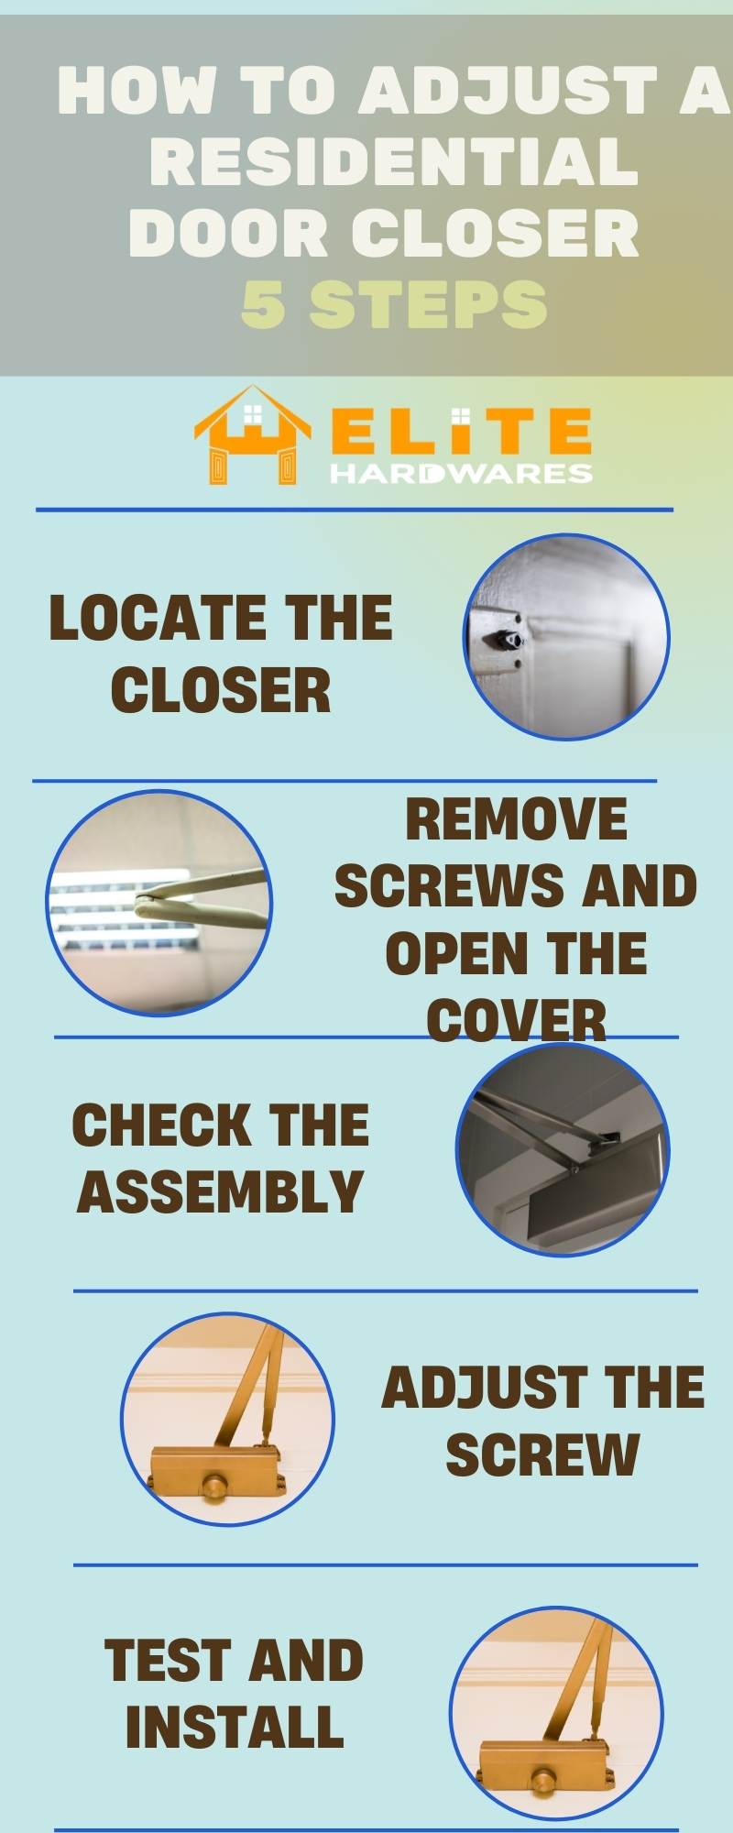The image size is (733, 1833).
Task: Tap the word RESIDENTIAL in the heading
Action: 394,162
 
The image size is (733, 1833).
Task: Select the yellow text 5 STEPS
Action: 394,304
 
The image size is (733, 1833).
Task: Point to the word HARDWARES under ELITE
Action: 461,473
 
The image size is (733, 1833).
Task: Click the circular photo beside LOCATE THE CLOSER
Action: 566,637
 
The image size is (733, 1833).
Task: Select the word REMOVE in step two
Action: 516,818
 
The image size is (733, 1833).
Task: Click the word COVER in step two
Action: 516,1020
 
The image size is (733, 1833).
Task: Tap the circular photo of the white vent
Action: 159,904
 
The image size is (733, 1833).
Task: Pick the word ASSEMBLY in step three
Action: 220,1191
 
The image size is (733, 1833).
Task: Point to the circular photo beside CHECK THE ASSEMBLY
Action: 563,1149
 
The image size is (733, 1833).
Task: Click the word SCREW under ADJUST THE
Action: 542,1454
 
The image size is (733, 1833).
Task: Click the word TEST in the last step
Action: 164,1661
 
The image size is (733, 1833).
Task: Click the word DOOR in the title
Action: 229,233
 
